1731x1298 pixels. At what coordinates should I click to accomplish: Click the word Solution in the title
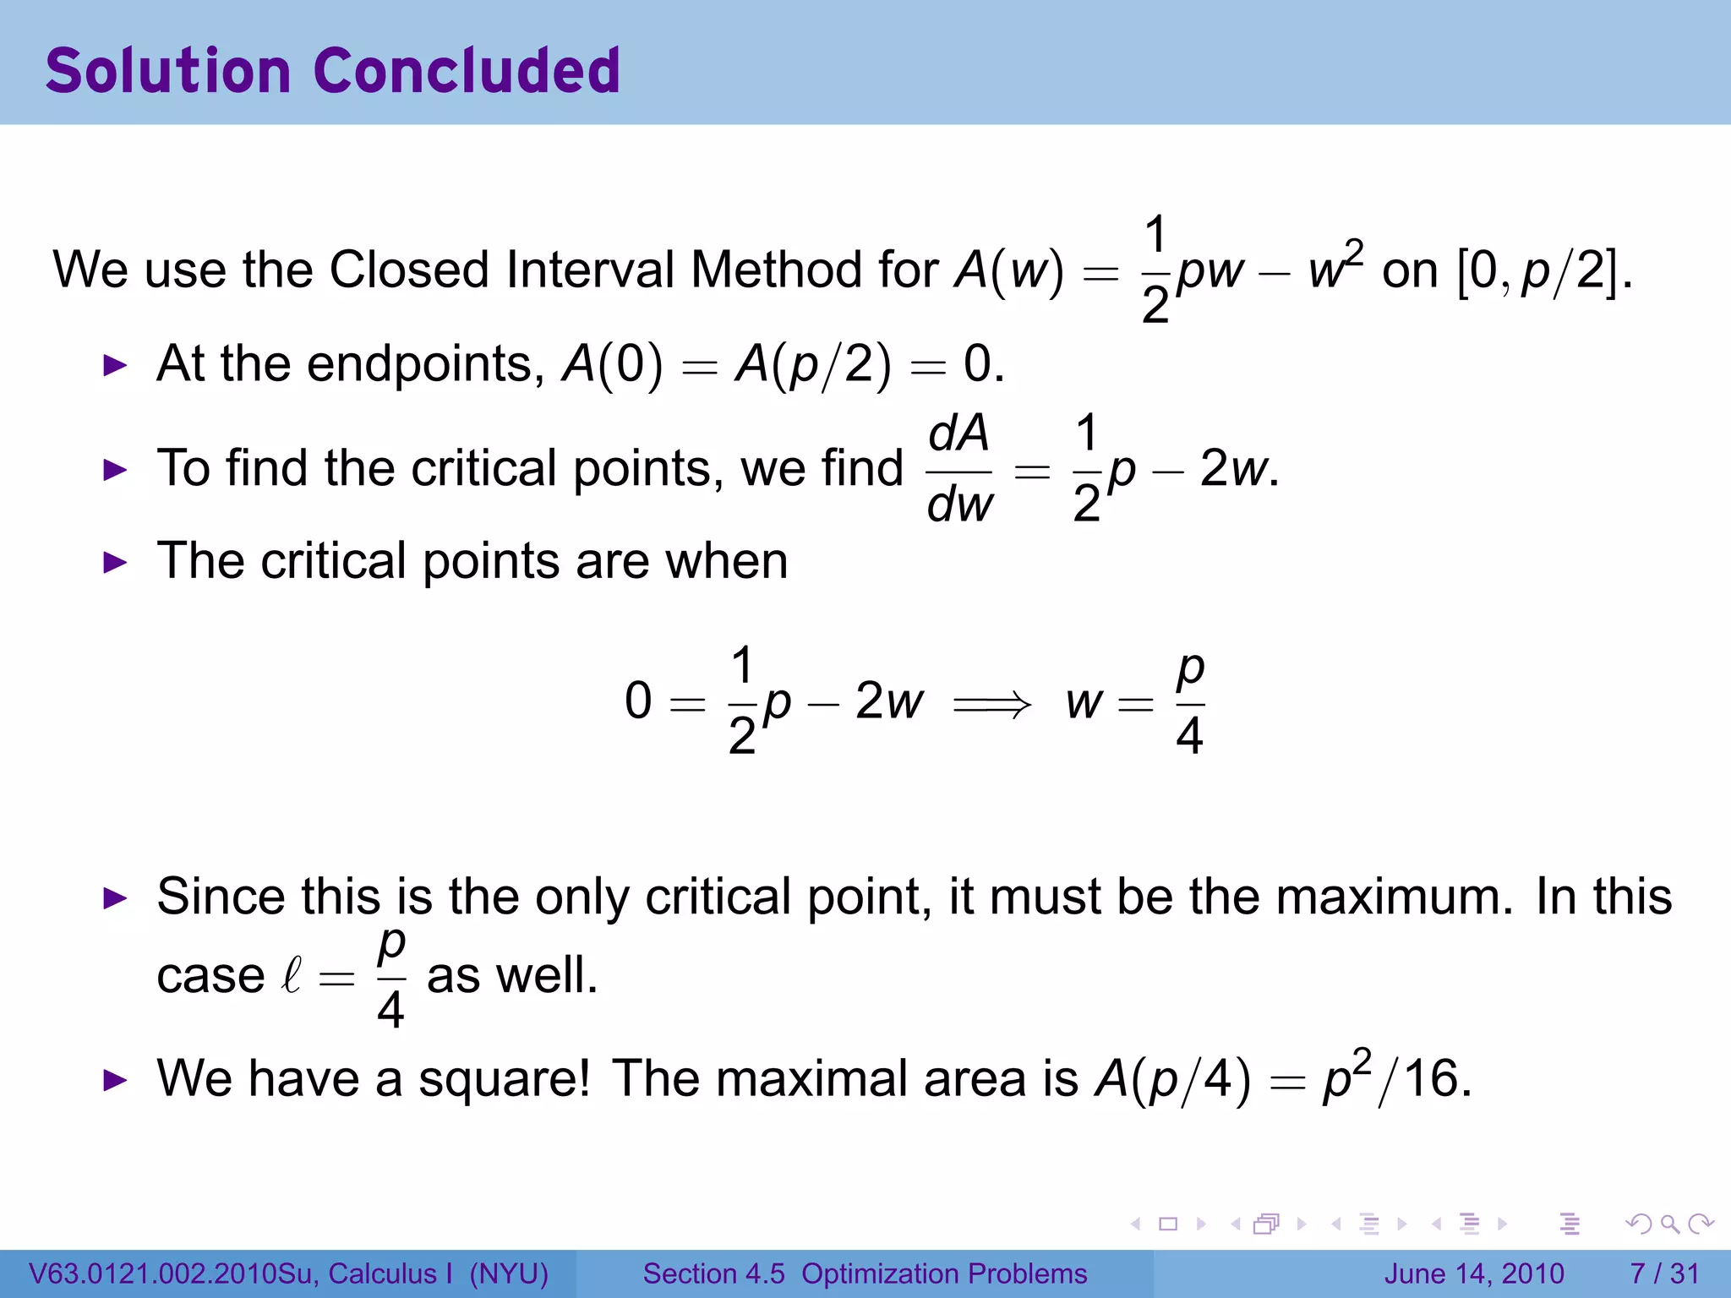[x=168, y=70]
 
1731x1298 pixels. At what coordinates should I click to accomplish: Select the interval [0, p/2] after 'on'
[x=1543, y=270]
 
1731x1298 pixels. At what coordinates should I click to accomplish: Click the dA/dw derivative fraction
[x=959, y=470]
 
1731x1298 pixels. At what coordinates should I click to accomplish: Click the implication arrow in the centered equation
[x=992, y=703]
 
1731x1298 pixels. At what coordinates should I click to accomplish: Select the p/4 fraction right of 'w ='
[x=1189, y=703]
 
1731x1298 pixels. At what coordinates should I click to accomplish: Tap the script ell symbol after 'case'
[x=292, y=976]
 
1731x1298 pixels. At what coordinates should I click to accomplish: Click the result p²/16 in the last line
[x=1396, y=1079]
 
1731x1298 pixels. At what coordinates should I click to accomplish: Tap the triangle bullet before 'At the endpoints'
[x=115, y=366]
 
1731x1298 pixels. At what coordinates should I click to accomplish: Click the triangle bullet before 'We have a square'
[x=115, y=1080]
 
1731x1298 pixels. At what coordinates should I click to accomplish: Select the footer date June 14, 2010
[x=1474, y=1273]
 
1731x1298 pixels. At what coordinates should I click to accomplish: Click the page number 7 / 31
[x=1664, y=1273]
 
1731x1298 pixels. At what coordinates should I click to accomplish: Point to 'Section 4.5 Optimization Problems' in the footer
[x=865, y=1273]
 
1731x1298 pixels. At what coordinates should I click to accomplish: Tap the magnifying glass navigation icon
[x=1668, y=1224]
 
